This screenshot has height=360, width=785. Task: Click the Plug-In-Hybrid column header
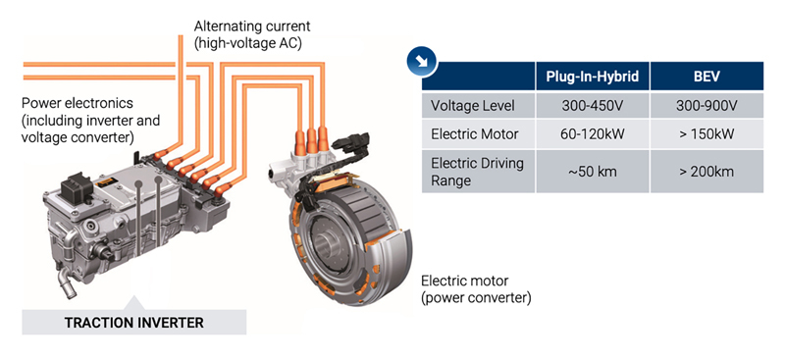click(x=593, y=77)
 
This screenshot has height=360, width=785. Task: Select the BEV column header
click(x=706, y=77)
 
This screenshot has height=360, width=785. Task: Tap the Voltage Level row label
click(x=473, y=106)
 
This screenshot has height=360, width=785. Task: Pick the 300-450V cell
click(x=593, y=106)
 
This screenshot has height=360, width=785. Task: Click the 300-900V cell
click(x=706, y=106)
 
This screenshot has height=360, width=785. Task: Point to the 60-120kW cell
click(x=593, y=134)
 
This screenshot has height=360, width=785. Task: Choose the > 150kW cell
click(x=706, y=134)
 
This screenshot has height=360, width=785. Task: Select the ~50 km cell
click(x=593, y=172)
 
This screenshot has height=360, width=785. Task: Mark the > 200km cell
click(x=706, y=172)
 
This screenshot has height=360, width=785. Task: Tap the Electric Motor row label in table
click(x=475, y=134)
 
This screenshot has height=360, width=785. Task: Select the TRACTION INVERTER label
click(x=134, y=323)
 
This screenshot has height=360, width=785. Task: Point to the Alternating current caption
click(x=252, y=34)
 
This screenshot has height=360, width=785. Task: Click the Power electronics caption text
click(x=90, y=120)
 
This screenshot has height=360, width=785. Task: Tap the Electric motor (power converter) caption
click(x=476, y=289)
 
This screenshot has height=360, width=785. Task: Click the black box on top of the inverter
click(x=78, y=188)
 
